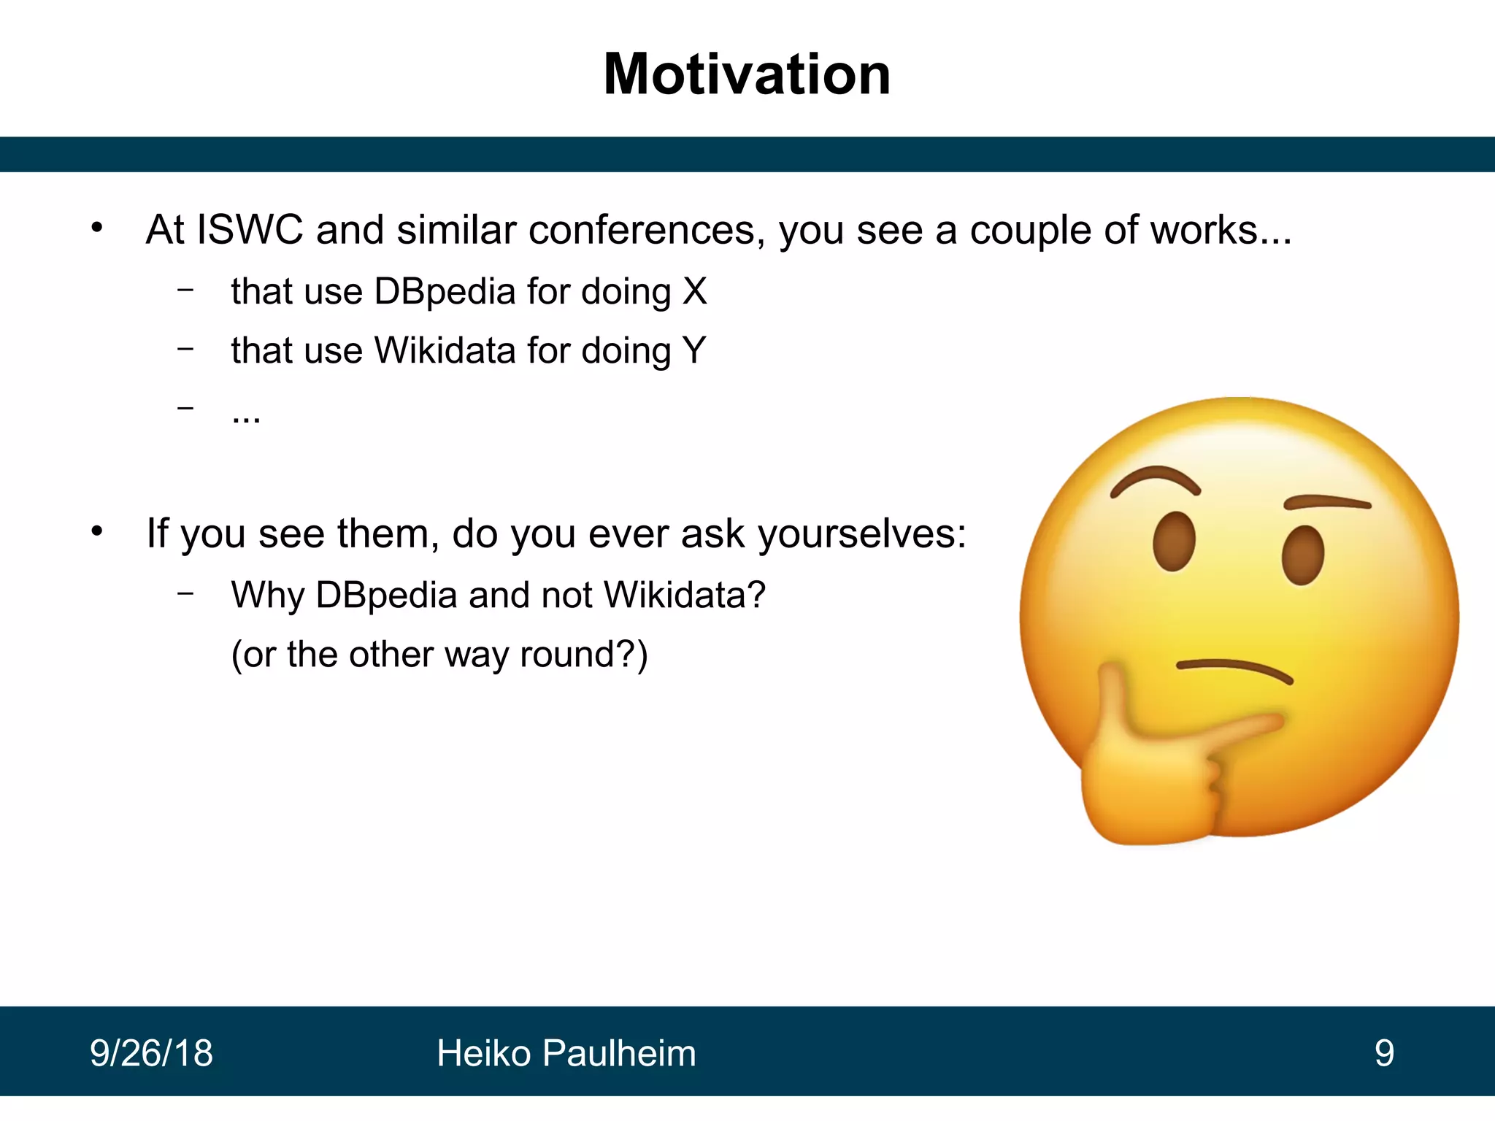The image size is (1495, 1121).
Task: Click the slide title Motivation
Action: [747, 74]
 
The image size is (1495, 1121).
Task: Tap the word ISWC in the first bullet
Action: [250, 230]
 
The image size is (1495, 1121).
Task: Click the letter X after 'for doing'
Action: [694, 291]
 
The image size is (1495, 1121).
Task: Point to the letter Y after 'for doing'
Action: [694, 350]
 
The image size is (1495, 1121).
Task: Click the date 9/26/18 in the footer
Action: [151, 1053]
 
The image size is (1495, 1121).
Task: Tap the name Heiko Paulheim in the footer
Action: [566, 1053]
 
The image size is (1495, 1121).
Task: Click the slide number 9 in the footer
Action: [1384, 1053]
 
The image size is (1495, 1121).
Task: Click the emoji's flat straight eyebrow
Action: [1327, 502]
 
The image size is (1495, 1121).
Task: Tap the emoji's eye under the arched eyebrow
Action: [1174, 542]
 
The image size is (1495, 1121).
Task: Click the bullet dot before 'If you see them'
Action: [97, 532]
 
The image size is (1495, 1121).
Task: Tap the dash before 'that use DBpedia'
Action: [185, 290]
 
